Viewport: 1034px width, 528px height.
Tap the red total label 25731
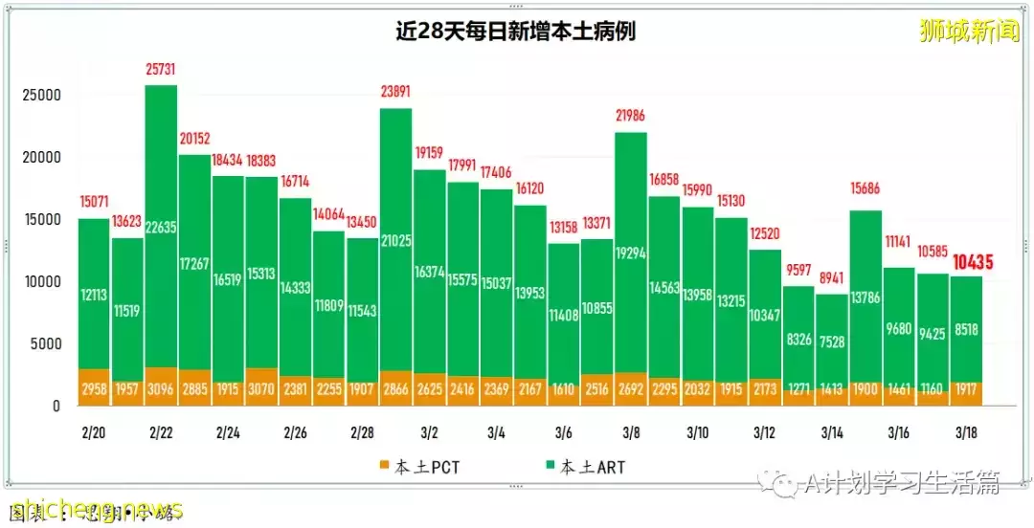pyautogui.click(x=161, y=71)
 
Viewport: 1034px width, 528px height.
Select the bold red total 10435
pyautogui.click(x=972, y=261)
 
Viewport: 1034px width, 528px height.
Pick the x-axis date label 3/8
pyautogui.click(x=630, y=433)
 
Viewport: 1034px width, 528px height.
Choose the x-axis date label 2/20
pyautogui.click(x=93, y=433)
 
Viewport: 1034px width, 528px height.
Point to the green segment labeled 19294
pyautogui.click(x=630, y=253)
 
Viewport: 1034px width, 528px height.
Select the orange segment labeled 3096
pyautogui.click(x=161, y=387)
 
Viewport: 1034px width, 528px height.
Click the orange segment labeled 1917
pyautogui.click(x=965, y=395)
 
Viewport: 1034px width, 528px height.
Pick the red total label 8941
pyautogui.click(x=831, y=279)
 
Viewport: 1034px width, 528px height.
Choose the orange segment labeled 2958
pyautogui.click(x=93, y=388)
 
